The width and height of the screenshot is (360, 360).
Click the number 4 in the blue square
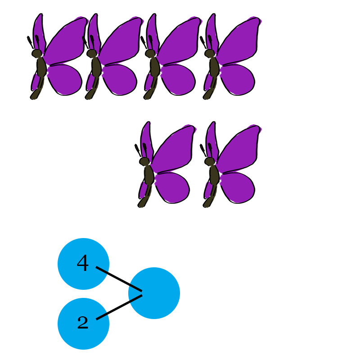[83, 263]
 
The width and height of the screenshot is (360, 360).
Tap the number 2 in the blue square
[83, 322]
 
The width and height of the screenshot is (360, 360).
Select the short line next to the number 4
[102, 270]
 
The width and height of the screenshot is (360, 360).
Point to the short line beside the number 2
[102, 316]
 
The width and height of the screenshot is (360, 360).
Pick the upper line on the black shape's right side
[135, 288]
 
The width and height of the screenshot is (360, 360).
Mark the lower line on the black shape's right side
[135, 299]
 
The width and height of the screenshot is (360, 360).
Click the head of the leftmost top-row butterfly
[37, 54]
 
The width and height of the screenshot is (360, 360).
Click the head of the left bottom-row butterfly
[145, 162]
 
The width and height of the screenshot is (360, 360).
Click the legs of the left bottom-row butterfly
[147, 198]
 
